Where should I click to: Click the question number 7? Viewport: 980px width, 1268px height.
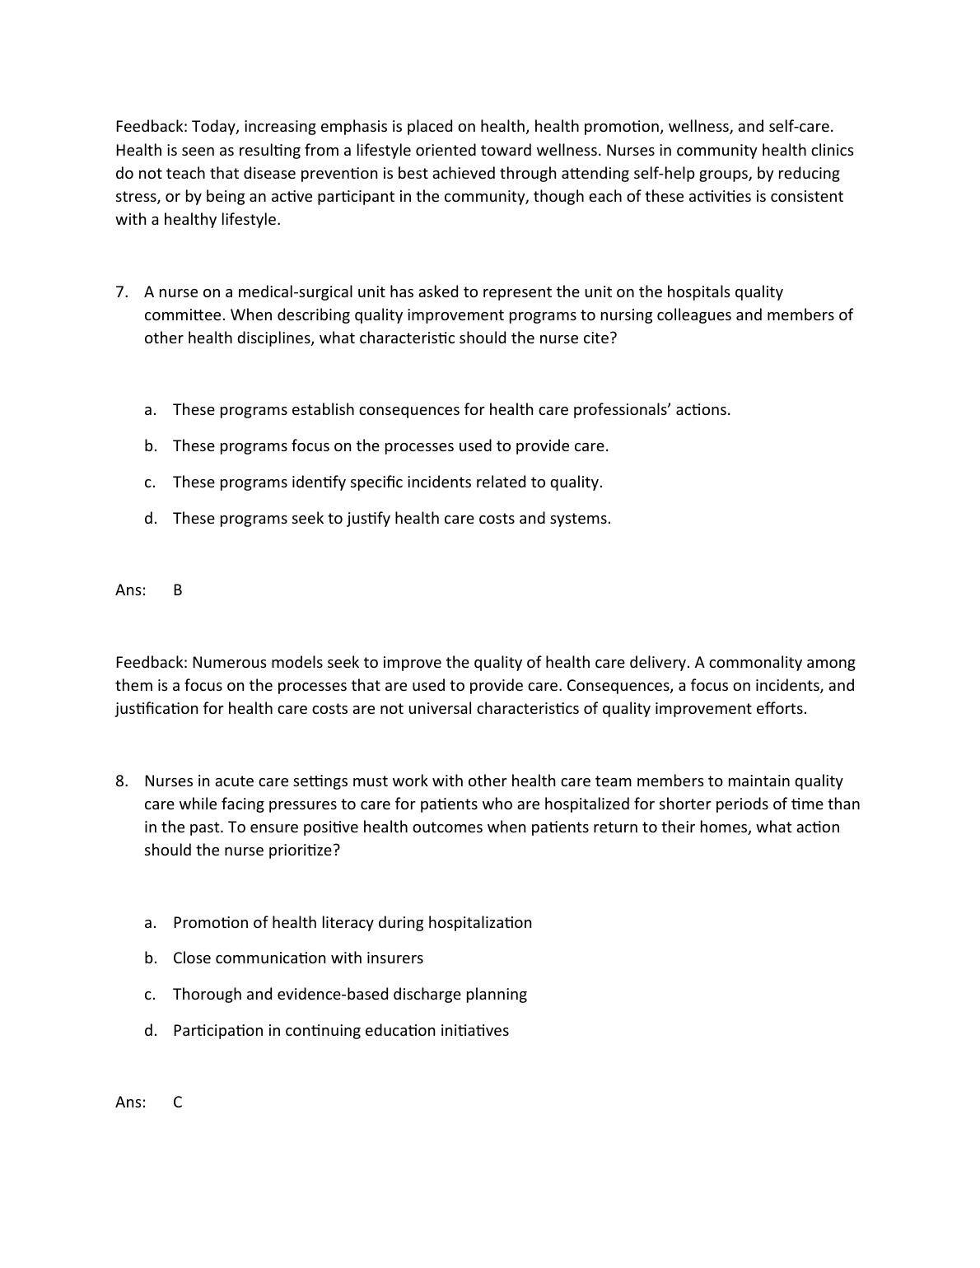[121, 292]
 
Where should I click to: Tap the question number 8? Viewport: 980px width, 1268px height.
[121, 781]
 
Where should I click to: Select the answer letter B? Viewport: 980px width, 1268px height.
[178, 590]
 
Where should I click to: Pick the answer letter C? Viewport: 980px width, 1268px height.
[178, 1103]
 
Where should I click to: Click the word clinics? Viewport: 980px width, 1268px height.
[829, 151]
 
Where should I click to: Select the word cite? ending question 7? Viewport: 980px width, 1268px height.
[600, 338]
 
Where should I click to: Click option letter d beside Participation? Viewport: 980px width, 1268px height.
[150, 1031]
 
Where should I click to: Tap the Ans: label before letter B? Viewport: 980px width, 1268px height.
[131, 590]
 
